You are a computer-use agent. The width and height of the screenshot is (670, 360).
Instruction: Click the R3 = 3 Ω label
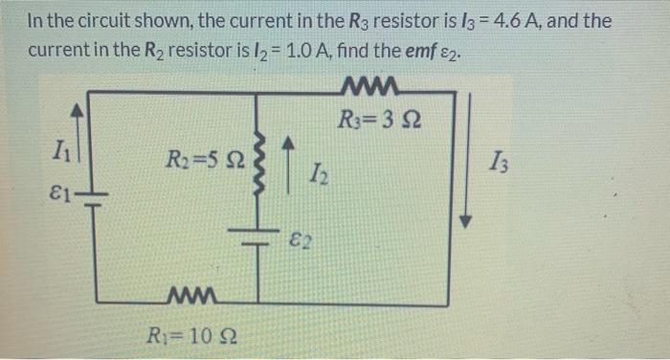pos(380,122)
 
